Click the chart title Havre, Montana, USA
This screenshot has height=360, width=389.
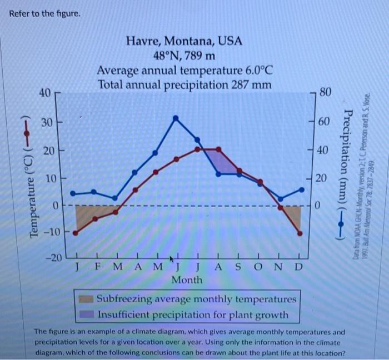point(184,41)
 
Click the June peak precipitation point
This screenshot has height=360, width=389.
point(176,118)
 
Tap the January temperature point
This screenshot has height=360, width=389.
point(76,233)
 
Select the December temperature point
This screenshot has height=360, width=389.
point(300,234)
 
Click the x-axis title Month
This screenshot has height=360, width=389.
point(187,280)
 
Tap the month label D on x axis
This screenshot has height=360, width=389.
point(299,267)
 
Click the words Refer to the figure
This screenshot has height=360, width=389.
point(45,13)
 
